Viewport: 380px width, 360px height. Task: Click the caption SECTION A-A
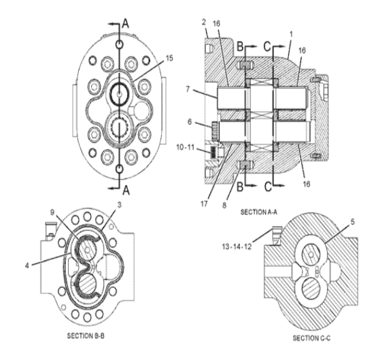258,212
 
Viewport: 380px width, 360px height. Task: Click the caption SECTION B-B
86,336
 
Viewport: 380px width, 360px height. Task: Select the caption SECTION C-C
311,338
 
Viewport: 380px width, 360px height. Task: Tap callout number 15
169,59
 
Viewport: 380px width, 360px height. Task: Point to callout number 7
188,89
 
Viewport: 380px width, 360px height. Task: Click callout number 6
190,122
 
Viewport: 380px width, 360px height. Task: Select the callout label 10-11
186,147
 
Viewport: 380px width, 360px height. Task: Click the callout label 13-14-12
237,247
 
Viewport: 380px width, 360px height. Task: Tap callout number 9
52,212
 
